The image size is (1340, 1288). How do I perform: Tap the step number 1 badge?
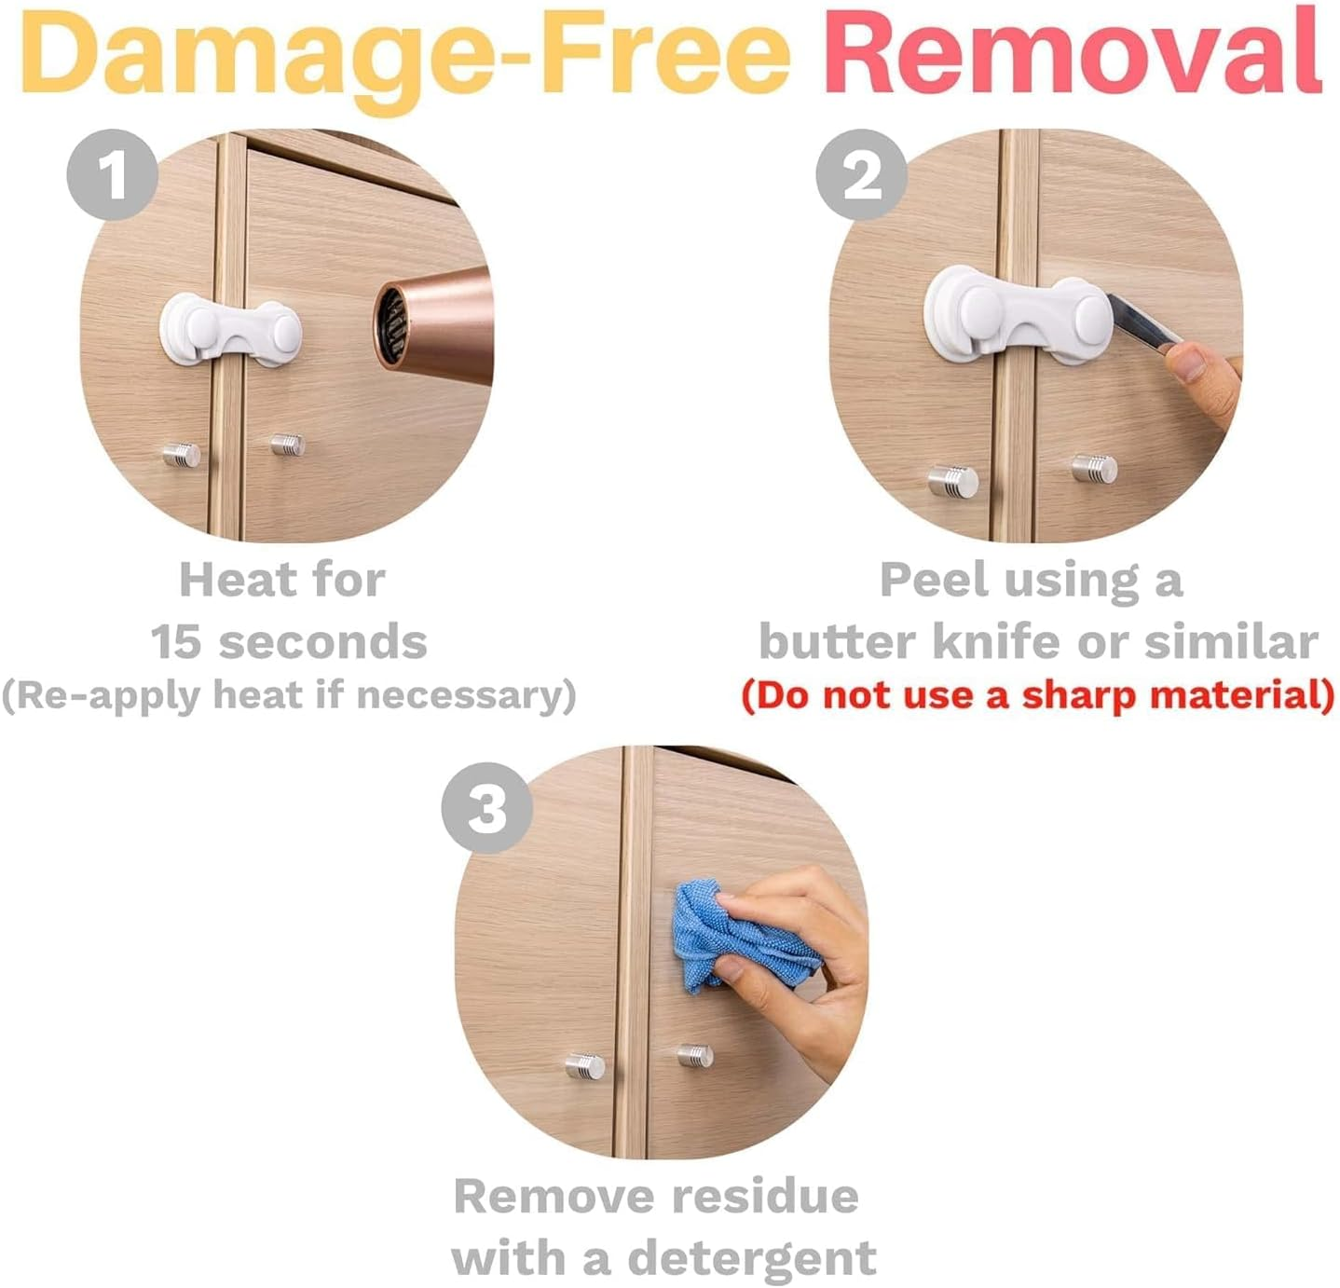click(x=112, y=174)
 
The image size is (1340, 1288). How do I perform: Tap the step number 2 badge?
click(x=861, y=174)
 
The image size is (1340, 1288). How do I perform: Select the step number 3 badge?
click(x=486, y=807)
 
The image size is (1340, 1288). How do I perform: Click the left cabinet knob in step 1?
click(x=181, y=455)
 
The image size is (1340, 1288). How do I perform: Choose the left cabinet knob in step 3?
click(x=585, y=1064)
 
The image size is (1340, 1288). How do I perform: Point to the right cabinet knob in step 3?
click(x=695, y=1056)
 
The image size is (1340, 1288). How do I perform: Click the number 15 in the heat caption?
click(x=175, y=642)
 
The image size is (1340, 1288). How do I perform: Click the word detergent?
click(x=752, y=1258)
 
